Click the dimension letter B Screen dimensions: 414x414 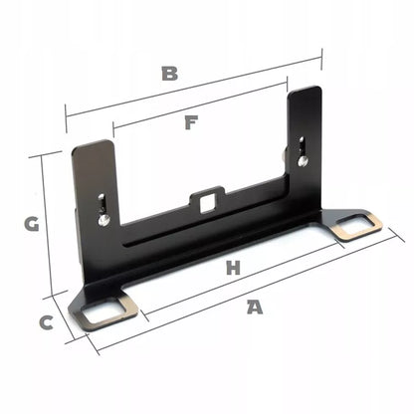[169, 74]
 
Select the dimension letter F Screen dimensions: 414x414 [191, 122]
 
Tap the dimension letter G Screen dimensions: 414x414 [32, 224]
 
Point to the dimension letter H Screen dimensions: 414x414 [233, 268]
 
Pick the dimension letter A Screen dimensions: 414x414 [255, 307]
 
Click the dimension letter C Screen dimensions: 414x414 [47, 322]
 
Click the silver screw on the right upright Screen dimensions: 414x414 [303, 161]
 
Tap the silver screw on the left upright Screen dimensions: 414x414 [104, 220]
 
